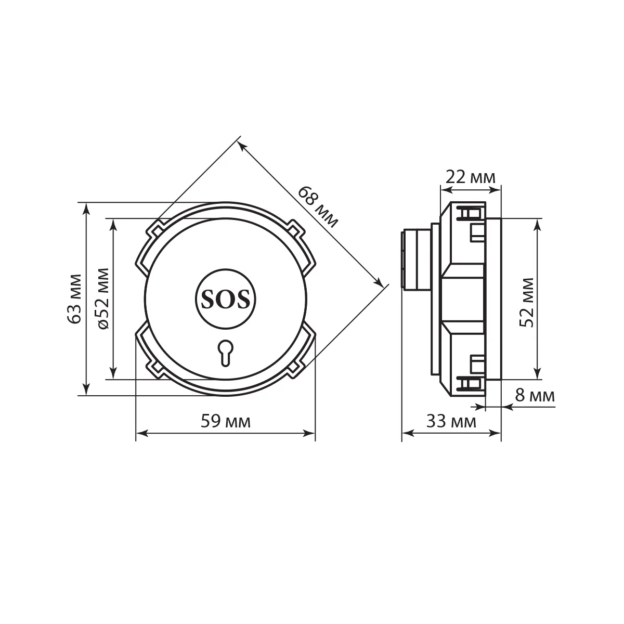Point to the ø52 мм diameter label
click(103, 298)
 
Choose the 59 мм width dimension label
click(226, 422)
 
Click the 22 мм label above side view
click(471, 177)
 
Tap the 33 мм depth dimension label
click(451, 422)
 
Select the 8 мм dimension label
click(535, 395)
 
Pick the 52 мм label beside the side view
click(527, 303)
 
